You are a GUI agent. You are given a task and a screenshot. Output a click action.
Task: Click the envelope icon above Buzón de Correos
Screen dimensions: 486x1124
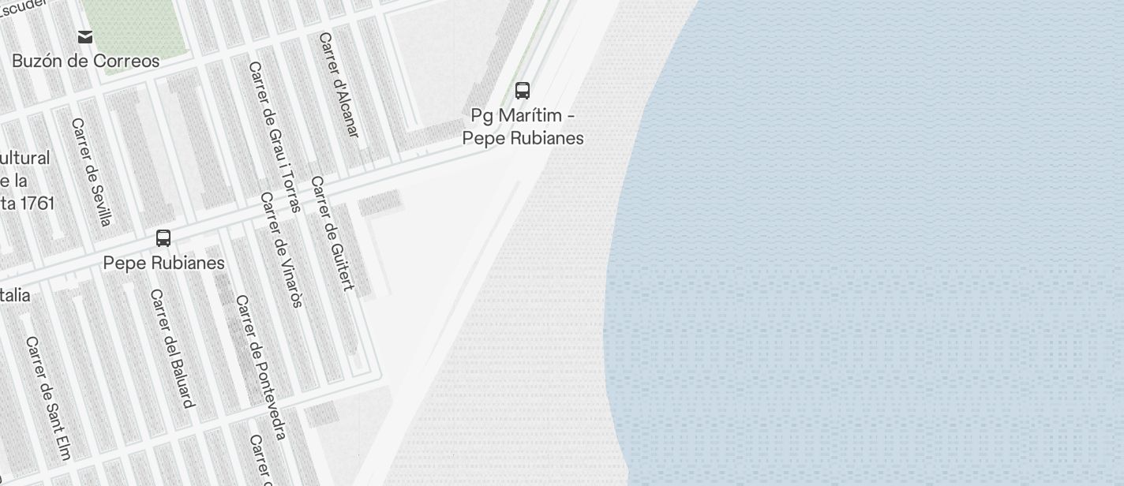(85, 37)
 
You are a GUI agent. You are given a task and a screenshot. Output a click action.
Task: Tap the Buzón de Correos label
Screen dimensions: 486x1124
(85, 61)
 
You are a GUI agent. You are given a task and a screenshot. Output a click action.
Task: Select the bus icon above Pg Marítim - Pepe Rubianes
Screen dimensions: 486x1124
(523, 91)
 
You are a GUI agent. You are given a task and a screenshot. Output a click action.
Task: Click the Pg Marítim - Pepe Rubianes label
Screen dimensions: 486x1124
(523, 126)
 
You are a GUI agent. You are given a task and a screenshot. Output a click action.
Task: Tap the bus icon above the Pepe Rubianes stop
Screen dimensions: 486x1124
(163, 238)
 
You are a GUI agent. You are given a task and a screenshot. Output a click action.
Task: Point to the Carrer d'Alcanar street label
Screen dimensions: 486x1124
(339, 85)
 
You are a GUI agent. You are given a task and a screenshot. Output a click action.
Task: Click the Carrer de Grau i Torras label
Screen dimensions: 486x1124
(275, 136)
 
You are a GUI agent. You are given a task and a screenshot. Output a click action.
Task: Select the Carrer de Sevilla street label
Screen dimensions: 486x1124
(92, 172)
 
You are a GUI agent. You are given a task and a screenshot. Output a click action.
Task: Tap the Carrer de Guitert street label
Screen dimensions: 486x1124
(332, 234)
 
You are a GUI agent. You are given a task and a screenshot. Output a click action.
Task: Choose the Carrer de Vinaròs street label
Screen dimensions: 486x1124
(282, 249)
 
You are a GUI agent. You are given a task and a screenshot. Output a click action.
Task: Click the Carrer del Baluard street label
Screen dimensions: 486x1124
(172, 349)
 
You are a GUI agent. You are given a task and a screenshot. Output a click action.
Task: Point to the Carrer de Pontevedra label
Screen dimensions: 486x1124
(261, 367)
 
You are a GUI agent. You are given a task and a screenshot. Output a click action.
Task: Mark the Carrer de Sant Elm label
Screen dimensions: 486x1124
(48, 398)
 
